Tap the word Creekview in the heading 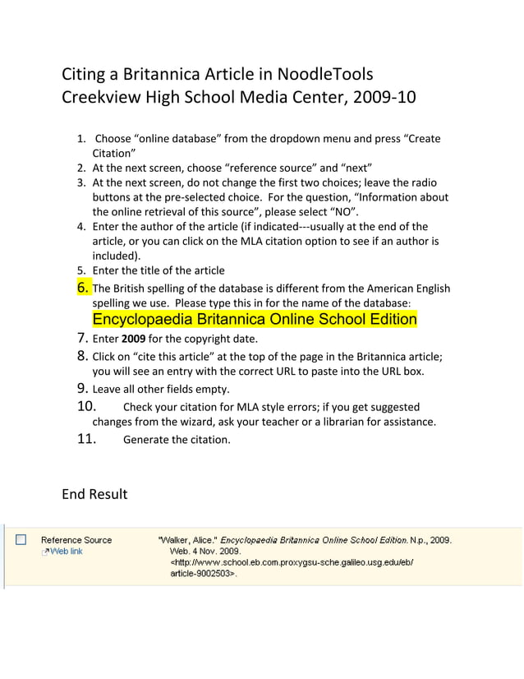click(x=99, y=98)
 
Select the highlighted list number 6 click(x=83, y=288)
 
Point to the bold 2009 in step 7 click(x=133, y=339)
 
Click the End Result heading click(x=94, y=494)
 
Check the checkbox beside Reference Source click(x=21, y=540)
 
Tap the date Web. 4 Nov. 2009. click(x=205, y=552)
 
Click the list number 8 click(x=83, y=356)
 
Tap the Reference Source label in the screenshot click(x=76, y=540)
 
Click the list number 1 click(x=82, y=138)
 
